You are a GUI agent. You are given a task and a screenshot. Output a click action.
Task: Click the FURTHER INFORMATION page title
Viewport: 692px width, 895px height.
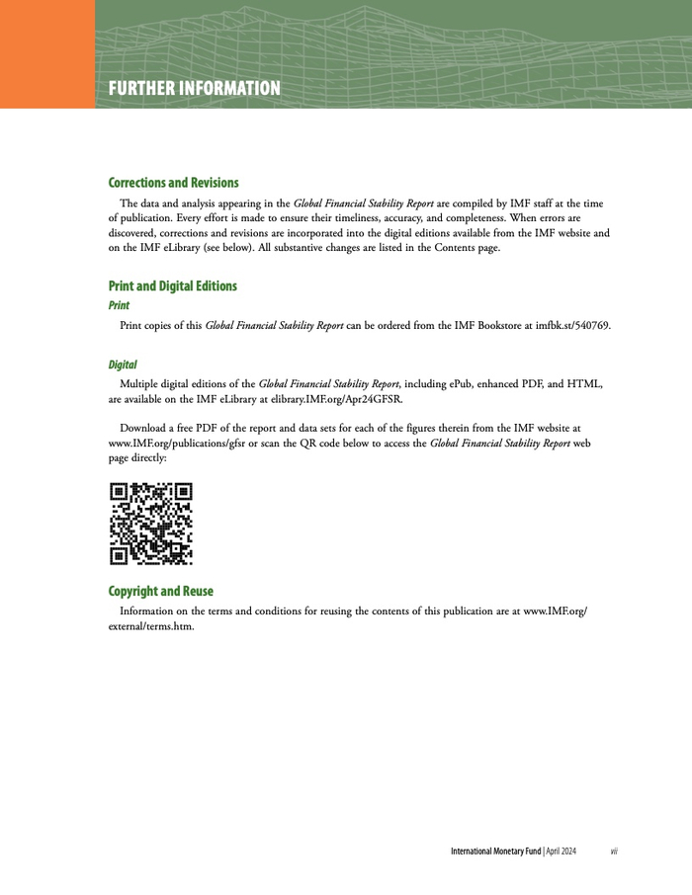pyautogui.click(x=195, y=89)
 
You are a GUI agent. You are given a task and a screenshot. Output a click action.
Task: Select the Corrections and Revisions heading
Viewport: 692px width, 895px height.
pyautogui.click(x=173, y=183)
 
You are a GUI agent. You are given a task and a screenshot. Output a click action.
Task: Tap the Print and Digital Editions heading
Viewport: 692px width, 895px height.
pyautogui.click(x=172, y=286)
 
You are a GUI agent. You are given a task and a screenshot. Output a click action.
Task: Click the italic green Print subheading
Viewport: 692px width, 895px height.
pyautogui.click(x=119, y=305)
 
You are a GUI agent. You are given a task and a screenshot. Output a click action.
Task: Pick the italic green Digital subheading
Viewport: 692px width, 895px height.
pyautogui.click(x=123, y=365)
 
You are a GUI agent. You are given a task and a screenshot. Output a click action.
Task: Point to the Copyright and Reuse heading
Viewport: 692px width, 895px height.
pyautogui.click(x=160, y=591)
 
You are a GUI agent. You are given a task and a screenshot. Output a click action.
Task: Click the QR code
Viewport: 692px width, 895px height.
pyautogui.click(x=150, y=524)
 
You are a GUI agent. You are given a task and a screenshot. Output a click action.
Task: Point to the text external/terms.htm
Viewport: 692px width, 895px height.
pyautogui.click(x=150, y=625)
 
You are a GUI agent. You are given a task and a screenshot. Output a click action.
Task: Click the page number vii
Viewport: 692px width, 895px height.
pyautogui.click(x=614, y=851)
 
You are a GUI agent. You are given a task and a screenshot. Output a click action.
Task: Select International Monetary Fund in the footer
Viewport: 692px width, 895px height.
pyautogui.click(x=495, y=851)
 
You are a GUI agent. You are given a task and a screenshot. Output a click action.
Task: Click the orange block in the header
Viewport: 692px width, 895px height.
pyautogui.click(x=47, y=53)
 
